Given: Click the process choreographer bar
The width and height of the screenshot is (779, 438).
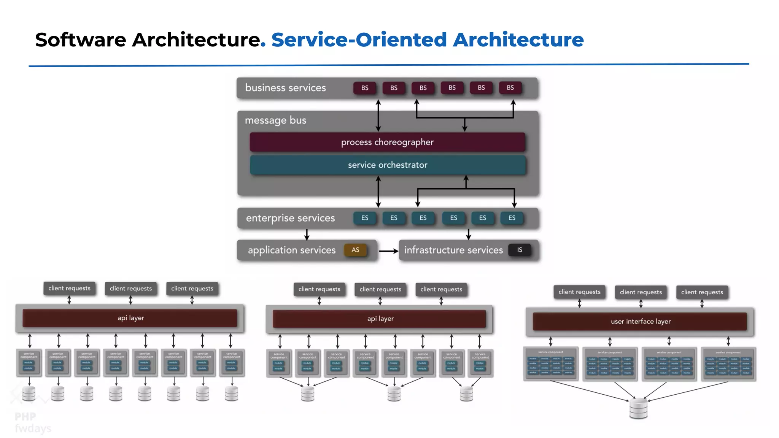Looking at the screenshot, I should [387, 142].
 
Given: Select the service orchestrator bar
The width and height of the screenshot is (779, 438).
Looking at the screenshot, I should [388, 165].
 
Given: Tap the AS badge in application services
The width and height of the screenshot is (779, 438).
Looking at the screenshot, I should [355, 250].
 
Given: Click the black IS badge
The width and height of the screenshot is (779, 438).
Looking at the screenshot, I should [520, 250].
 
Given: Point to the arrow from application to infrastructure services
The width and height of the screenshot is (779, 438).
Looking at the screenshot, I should [388, 251].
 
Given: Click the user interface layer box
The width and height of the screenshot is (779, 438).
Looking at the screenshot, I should [640, 321].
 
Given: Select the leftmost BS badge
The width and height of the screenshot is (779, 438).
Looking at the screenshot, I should [365, 88].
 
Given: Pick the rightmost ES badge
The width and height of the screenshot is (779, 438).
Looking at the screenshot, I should [512, 218].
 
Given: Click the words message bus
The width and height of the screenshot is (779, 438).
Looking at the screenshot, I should [275, 120].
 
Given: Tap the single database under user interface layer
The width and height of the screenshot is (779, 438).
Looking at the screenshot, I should [638, 408].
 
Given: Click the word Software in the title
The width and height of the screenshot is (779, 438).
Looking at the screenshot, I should [81, 40].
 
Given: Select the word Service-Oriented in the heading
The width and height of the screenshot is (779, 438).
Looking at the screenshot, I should [359, 40].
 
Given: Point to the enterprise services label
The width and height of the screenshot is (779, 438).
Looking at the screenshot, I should [290, 218].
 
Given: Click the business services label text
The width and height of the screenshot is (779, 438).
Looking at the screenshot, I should [285, 88].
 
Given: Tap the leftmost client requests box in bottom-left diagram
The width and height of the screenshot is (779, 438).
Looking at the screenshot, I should [69, 288].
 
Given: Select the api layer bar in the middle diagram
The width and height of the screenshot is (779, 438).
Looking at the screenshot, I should [380, 319].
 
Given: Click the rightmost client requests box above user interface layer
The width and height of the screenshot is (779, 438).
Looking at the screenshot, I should [702, 292].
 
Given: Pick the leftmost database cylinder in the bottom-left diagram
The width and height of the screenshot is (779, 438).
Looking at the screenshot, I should [29, 394].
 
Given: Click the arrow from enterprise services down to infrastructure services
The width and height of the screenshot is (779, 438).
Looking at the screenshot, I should [469, 234].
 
